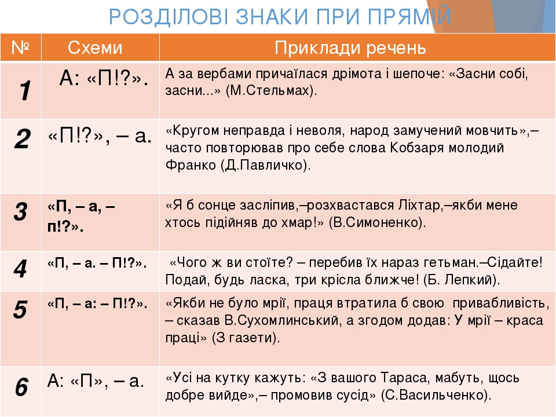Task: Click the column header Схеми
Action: point(95,47)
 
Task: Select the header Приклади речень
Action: point(350,48)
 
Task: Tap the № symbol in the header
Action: point(20,47)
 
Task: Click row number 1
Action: point(25,91)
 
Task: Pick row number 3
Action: point(21,212)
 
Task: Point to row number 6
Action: point(21,386)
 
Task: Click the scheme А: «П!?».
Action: point(104,78)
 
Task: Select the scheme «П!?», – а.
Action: point(100,136)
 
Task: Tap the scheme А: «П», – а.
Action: point(96,381)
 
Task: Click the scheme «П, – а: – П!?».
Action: point(97,304)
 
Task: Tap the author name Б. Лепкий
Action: point(461,280)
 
